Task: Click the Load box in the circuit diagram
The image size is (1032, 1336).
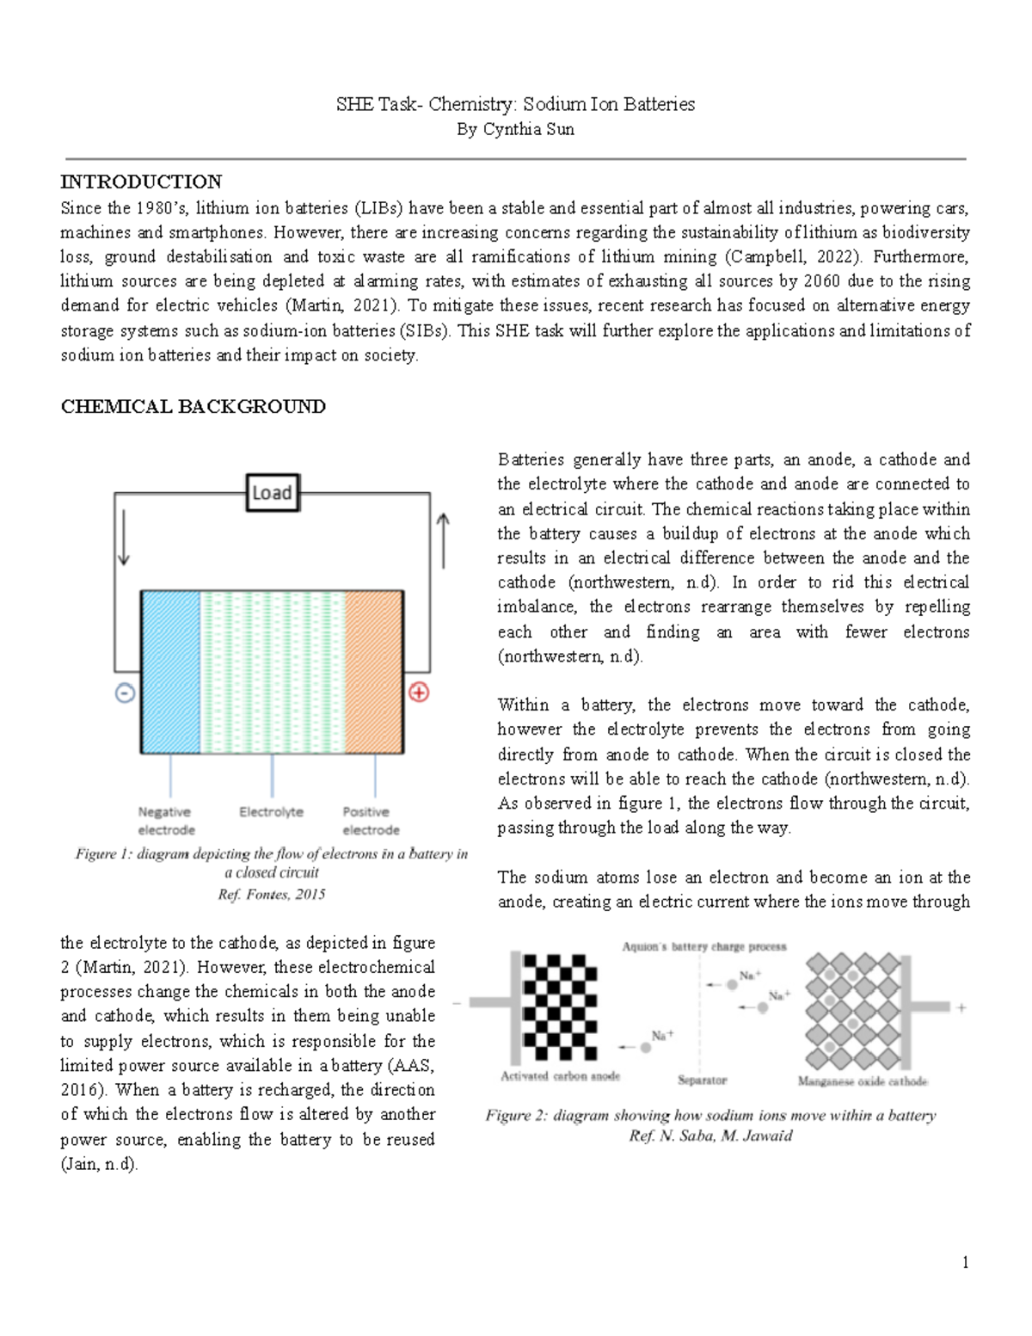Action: [x=272, y=493]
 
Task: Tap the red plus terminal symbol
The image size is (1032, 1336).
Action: [x=419, y=692]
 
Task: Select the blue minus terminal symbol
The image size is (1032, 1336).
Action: [x=126, y=693]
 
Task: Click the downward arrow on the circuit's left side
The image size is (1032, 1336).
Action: [x=124, y=538]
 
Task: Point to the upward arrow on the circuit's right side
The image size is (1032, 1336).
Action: [x=443, y=540]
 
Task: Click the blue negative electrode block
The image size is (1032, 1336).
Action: [x=170, y=671]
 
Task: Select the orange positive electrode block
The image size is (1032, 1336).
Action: [x=374, y=671]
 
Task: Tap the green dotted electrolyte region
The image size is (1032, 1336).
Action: [x=272, y=671]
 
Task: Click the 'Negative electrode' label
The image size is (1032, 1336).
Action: [x=166, y=821]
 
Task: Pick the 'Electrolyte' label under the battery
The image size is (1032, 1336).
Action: [x=271, y=811]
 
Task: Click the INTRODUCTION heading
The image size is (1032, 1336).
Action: [x=141, y=182]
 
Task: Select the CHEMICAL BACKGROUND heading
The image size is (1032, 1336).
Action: [x=193, y=406]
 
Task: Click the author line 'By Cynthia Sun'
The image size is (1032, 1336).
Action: [x=515, y=130]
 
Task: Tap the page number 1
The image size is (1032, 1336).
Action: [x=966, y=1262]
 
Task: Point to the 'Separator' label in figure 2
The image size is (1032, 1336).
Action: [x=702, y=1080]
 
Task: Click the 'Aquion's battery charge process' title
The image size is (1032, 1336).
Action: [x=703, y=946]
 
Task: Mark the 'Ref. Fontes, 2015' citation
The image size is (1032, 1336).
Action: [x=272, y=895]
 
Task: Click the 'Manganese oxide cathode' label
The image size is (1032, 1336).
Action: [x=863, y=1081]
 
